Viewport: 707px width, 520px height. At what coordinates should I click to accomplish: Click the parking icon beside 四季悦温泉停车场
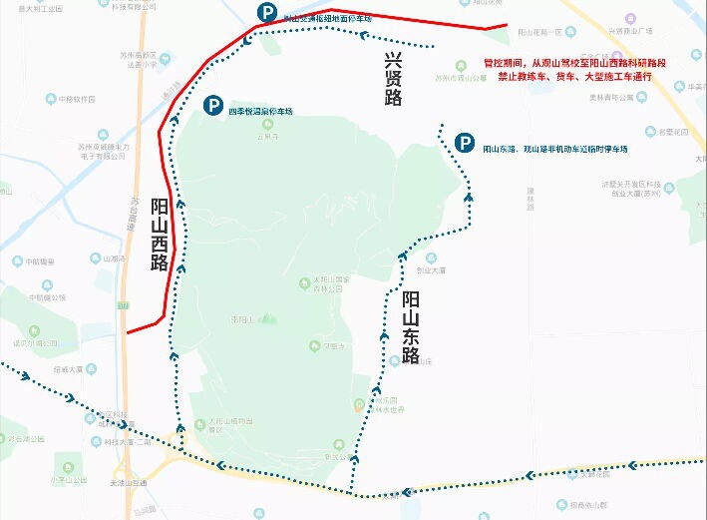(211, 105)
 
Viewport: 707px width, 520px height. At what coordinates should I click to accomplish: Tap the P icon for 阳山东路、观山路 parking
(464, 144)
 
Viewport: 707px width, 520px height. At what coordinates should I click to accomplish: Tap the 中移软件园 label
(76, 100)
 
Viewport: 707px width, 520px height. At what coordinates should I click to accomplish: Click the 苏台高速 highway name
(132, 214)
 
